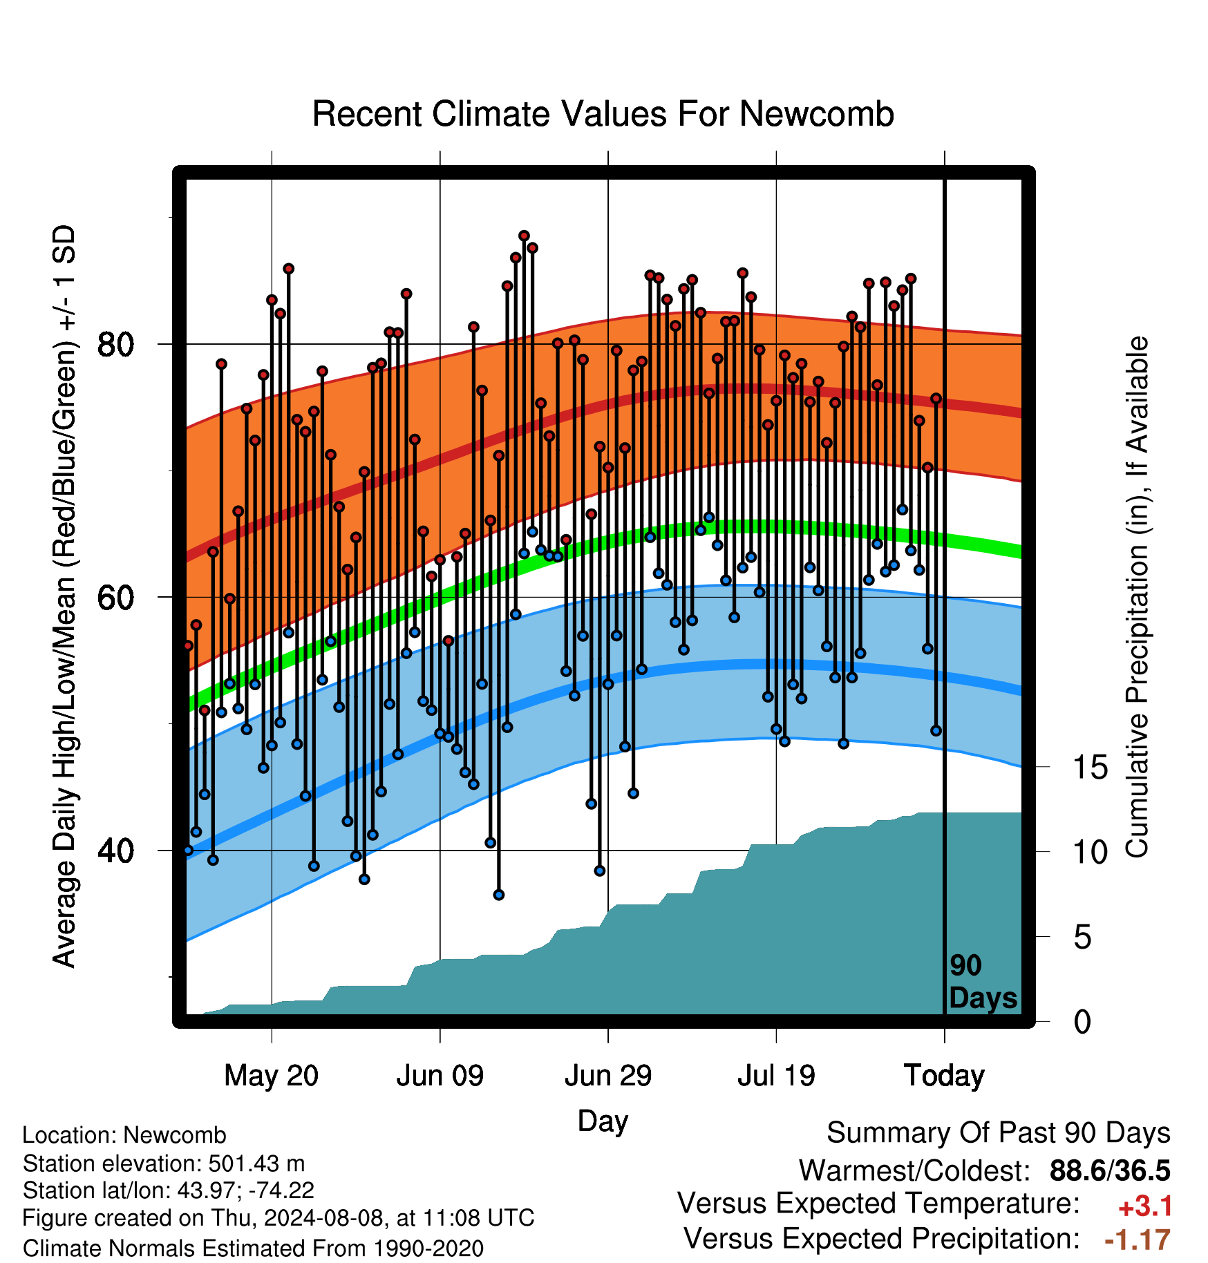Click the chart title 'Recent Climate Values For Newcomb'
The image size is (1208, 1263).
pyautogui.click(x=603, y=114)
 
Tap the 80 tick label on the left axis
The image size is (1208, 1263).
pyautogui.click(x=116, y=344)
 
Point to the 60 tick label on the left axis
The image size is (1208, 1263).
pyautogui.click(x=116, y=598)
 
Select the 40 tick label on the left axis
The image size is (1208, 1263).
pyautogui.click(x=116, y=851)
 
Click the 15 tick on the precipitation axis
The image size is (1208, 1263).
pyautogui.click(x=1090, y=768)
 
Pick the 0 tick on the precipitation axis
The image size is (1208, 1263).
pyautogui.click(x=1082, y=1021)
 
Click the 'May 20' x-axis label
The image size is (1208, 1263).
pyautogui.click(x=272, y=1076)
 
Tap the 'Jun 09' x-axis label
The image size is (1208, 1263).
pyautogui.click(x=440, y=1076)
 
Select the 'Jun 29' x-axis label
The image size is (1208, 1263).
pyautogui.click(x=608, y=1076)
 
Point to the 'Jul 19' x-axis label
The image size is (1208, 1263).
pyautogui.click(x=776, y=1076)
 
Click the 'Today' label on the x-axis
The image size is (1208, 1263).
pyautogui.click(x=945, y=1076)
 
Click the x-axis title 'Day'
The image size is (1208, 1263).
pyautogui.click(x=603, y=1121)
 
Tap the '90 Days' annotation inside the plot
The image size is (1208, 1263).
pyautogui.click(x=983, y=982)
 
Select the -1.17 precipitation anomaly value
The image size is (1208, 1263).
pyautogui.click(x=1138, y=1240)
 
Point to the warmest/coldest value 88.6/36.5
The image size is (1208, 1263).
pyautogui.click(x=1110, y=1170)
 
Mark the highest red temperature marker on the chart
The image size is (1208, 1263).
pyautogui.click(x=524, y=236)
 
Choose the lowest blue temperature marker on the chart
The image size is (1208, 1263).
pyautogui.click(x=499, y=895)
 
